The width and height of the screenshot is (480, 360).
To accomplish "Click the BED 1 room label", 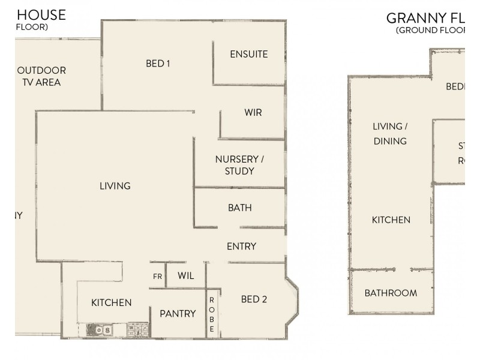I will [x=158, y=63].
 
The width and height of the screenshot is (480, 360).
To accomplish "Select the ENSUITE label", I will [x=249, y=54].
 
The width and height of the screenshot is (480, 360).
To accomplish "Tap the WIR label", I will [x=253, y=112].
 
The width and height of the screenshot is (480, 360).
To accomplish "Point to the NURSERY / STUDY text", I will [x=239, y=165].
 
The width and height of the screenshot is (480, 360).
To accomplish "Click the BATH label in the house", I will [x=239, y=208].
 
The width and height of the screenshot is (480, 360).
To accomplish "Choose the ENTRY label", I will [x=241, y=246].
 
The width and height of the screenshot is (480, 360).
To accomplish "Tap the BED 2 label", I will [x=254, y=299].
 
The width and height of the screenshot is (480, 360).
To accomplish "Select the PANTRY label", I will [x=178, y=313].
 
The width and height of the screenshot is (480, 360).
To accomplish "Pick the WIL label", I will [x=186, y=276].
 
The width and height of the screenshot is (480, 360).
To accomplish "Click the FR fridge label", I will [x=157, y=277].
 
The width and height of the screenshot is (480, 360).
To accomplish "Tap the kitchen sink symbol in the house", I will [x=98, y=329].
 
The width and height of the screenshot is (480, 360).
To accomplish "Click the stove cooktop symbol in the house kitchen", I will [x=137, y=329].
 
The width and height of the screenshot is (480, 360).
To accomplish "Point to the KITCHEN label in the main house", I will [x=111, y=302].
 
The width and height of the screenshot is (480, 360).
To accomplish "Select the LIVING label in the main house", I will [x=115, y=186].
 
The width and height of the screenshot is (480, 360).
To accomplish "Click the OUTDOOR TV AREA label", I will [x=41, y=76].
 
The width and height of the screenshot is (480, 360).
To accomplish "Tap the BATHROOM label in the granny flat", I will [x=391, y=293].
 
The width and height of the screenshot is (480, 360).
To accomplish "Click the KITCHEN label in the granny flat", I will [x=391, y=220].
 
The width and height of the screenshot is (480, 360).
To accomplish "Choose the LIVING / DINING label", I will [x=390, y=134].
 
